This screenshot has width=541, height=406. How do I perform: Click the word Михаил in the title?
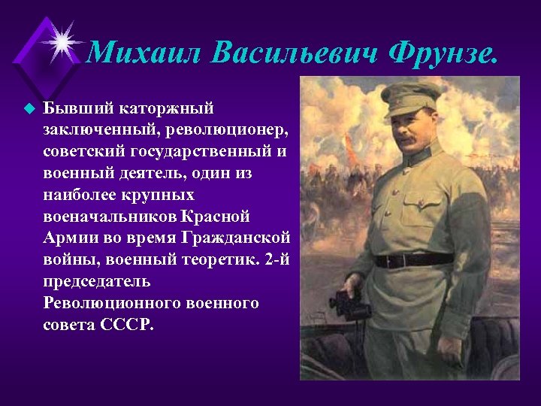pyautogui.click(x=143, y=53)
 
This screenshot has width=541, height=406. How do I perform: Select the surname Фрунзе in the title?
pyautogui.click(x=443, y=53)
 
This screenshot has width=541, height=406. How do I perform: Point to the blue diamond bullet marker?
pyautogui.click(x=29, y=108)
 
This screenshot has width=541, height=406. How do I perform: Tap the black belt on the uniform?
pyautogui.click(x=414, y=260)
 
